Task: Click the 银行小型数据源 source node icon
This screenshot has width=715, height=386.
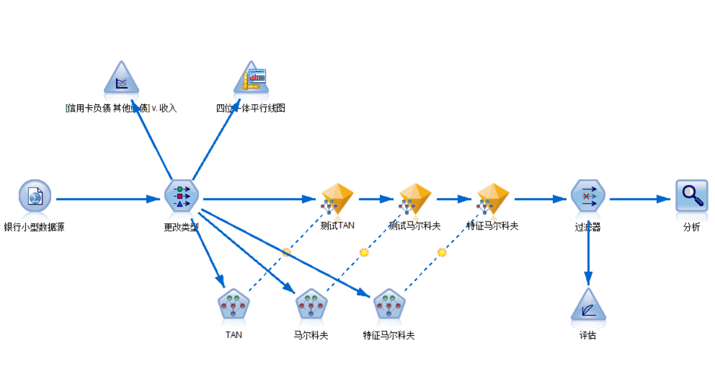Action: click(x=35, y=196)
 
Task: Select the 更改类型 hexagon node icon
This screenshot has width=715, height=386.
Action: click(x=181, y=197)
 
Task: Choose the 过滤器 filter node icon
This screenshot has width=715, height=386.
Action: click(x=588, y=196)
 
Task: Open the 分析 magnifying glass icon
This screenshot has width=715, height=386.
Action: click(x=691, y=196)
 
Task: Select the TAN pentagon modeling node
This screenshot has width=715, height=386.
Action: click(x=234, y=304)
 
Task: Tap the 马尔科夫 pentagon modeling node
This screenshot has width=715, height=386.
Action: click(x=311, y=304)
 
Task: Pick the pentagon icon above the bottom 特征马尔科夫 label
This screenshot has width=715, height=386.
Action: click(x=389, y=304)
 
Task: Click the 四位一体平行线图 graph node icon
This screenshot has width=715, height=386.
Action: click(x=251, y=79)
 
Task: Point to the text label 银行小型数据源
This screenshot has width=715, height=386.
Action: click(x=35, y=227)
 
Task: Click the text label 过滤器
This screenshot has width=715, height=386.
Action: click(x=588, y=227)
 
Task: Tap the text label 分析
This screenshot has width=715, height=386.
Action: click(x=691, y=227)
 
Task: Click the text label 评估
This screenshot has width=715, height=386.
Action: click(x=588, y=335)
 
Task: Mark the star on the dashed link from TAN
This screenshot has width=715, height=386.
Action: click(x=286, y=252)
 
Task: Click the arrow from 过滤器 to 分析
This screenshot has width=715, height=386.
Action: click(x=640, y=199)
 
